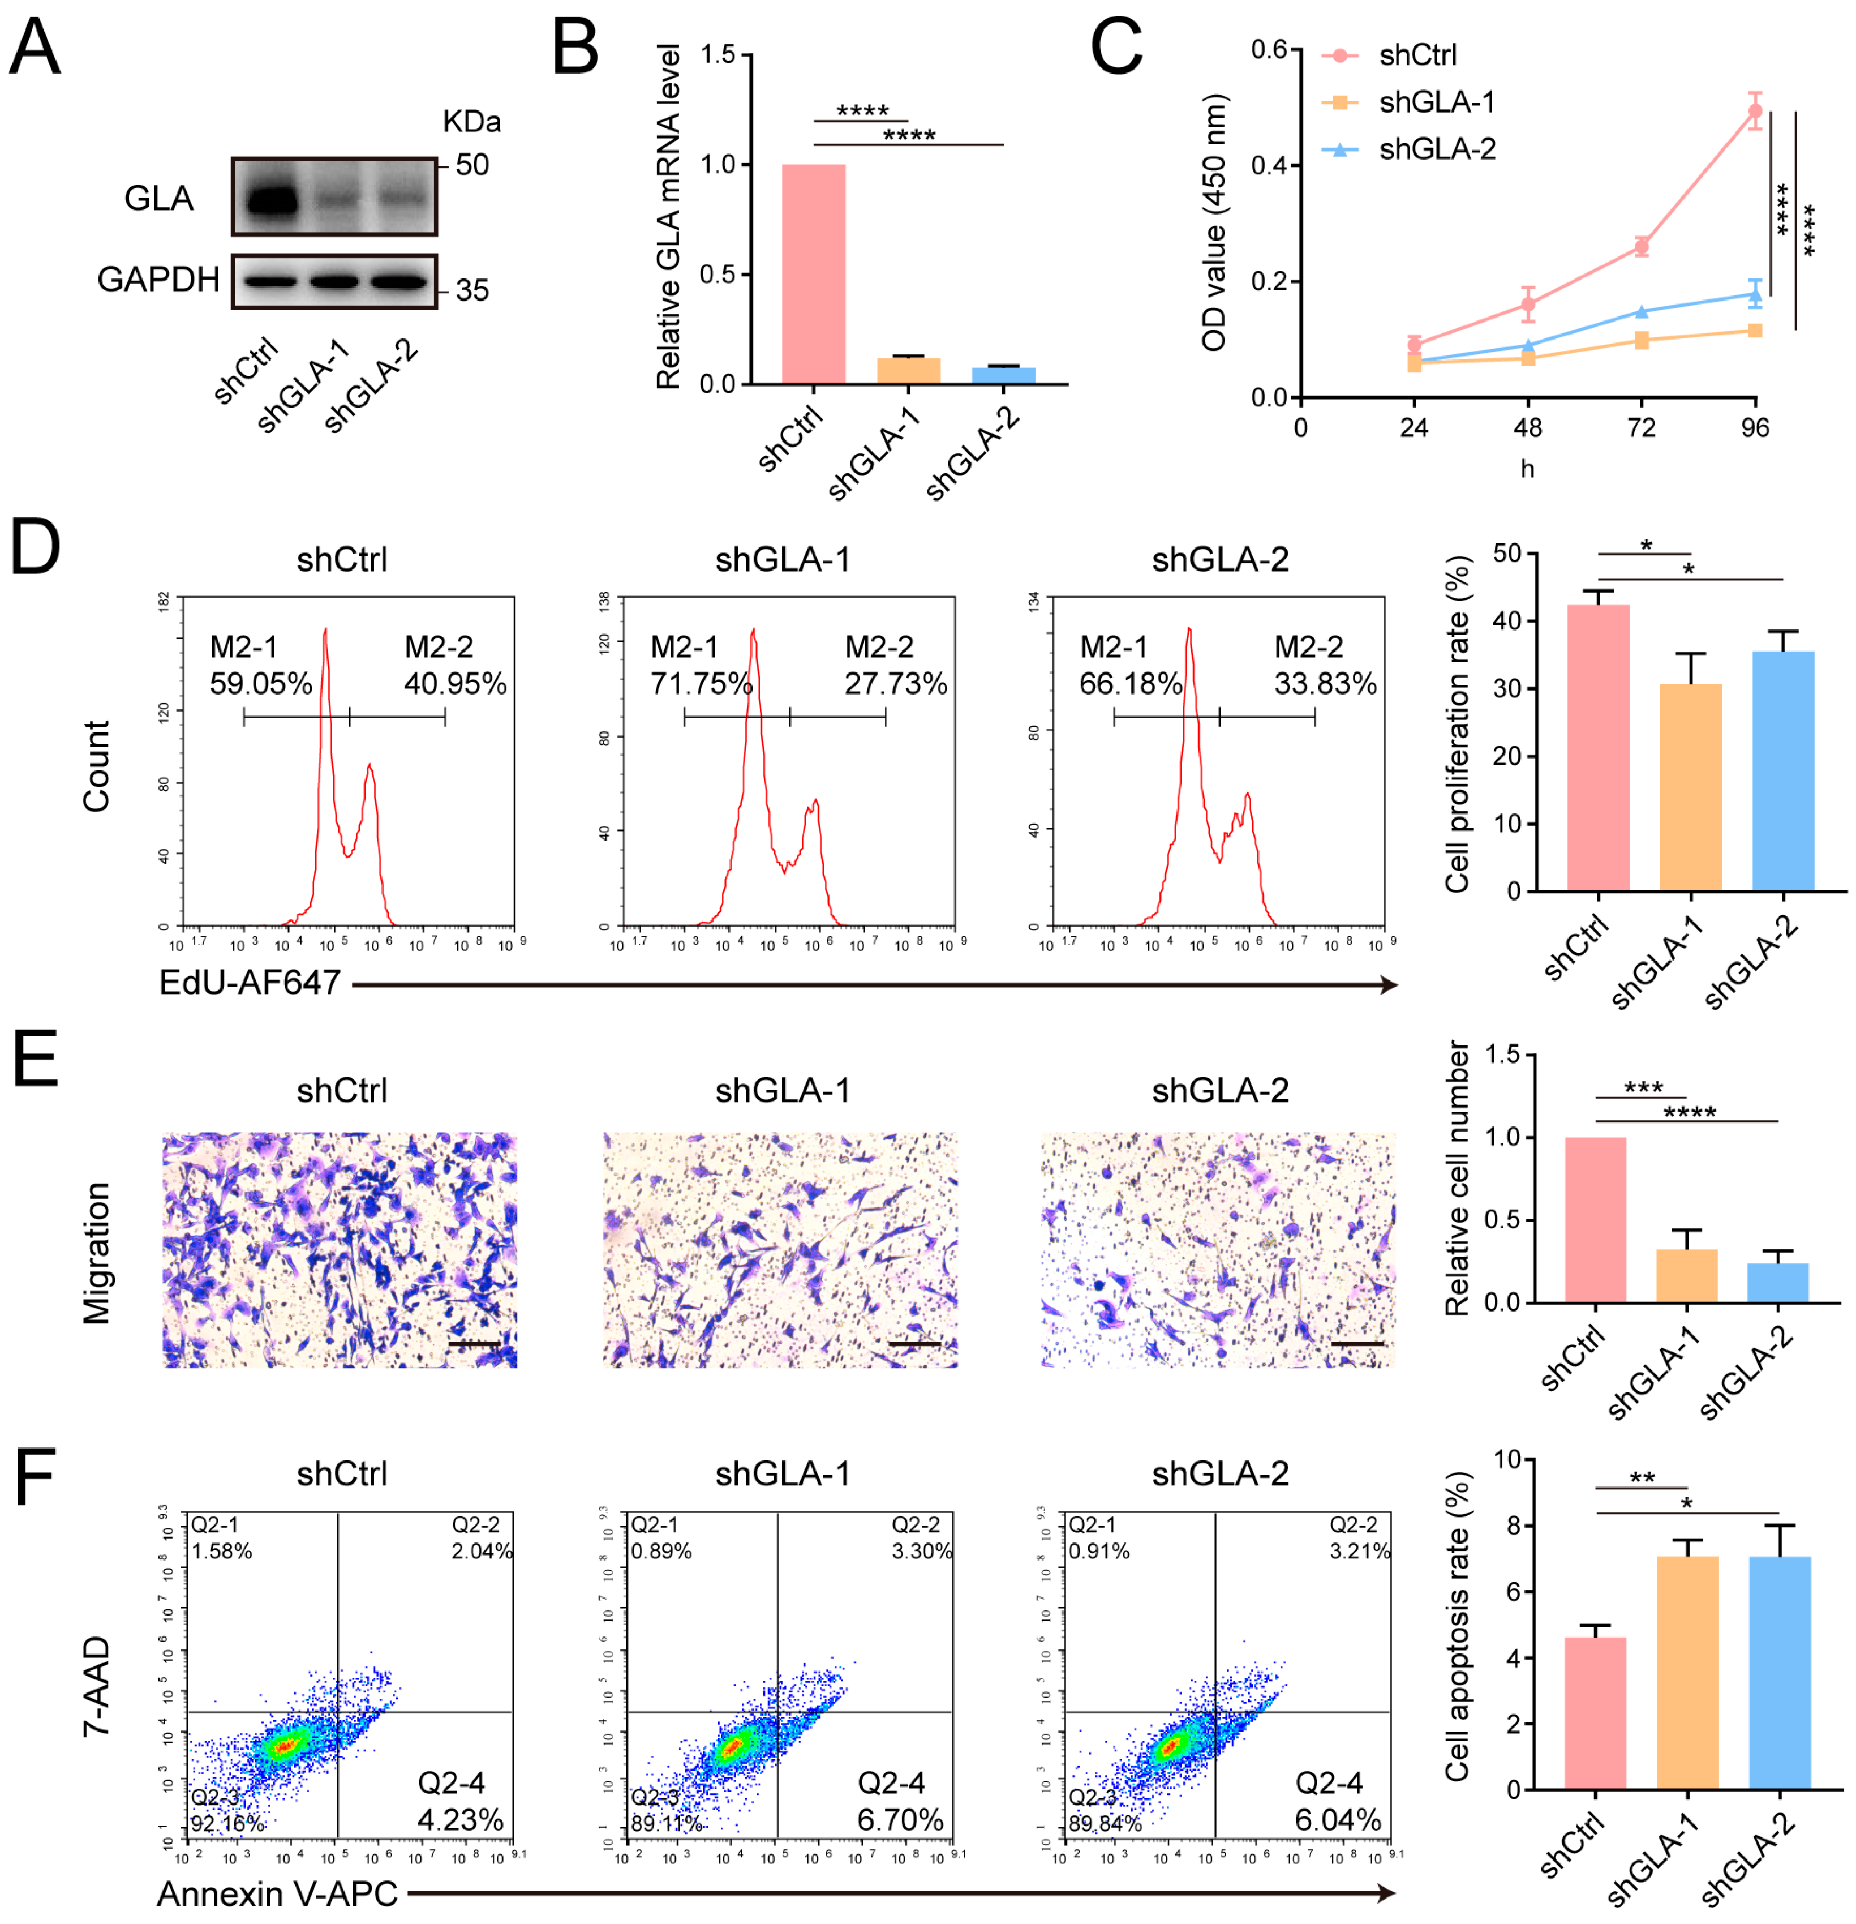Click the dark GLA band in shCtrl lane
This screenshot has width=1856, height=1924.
click(272, 202)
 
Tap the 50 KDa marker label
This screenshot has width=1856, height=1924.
click(471, 165)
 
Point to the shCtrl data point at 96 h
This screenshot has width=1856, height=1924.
click(1754, 111)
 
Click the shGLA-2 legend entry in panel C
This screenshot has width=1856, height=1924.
click(1436, 149)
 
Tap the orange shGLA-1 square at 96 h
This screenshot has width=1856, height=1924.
click(1754, 331)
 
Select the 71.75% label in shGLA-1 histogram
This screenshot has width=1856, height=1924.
click(701, 684)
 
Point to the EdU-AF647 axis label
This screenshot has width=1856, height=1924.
click(250, 983)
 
